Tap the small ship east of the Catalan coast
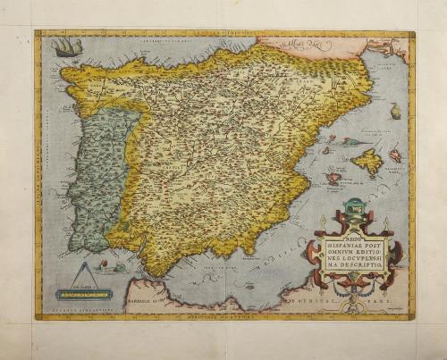(394, 112)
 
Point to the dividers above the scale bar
(84, 273)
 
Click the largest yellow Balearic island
(367, 162)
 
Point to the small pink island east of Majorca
(395, 155)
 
